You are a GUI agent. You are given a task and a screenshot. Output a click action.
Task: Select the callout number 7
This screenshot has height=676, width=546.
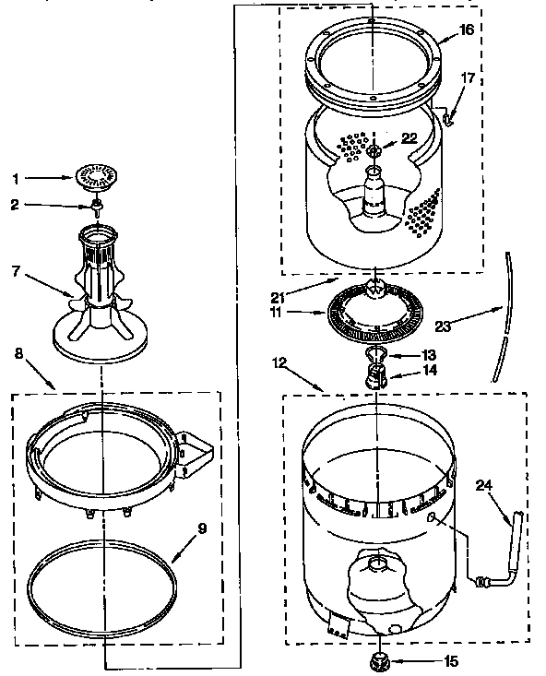16,272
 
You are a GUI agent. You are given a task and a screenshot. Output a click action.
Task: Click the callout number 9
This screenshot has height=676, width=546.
202,528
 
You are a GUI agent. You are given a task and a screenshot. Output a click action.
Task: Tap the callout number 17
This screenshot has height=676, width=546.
469,78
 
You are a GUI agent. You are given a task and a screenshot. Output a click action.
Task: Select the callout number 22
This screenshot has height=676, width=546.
409,138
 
